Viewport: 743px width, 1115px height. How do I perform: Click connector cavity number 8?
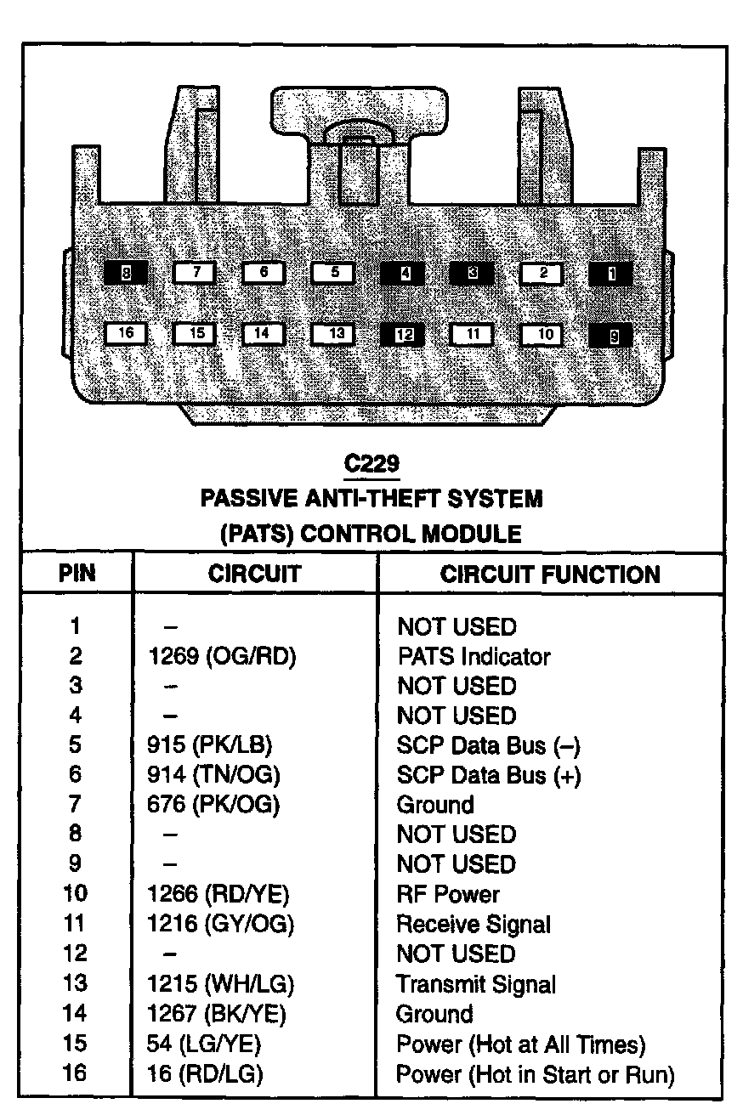(x=126, y=273)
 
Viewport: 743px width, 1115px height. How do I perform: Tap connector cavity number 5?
(x=335, y=273)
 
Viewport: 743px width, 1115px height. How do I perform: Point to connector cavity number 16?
(x=126, y=333)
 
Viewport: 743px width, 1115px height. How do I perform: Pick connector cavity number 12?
(x=405, y=334)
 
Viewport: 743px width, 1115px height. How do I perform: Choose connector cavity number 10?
(x=545, y=334)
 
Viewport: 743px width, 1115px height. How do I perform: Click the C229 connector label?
(x=371, y=463)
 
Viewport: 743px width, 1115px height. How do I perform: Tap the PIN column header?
(x=77, y=574)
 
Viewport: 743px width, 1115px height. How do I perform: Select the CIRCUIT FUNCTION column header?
(x=549, y=574)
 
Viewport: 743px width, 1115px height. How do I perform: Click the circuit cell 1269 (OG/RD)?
(x=221, y=656)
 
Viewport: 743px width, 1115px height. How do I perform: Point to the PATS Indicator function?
(x=474, y=656)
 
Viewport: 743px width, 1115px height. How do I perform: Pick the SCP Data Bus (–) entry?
(x=488, y=745)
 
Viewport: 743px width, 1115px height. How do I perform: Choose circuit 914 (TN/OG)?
(x=213, y=775)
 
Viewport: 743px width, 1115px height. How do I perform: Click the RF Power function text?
(x=448, y=894)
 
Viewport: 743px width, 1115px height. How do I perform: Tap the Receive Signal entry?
(x=474, y=924)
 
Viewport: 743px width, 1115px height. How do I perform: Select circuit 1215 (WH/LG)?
(x=220, y=984)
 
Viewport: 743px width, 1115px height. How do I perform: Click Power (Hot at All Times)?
(x=520, y=1044)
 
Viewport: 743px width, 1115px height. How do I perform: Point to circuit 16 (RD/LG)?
(x=205, y=1073)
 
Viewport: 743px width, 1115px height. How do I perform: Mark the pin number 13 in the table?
(x=75, y=984)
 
